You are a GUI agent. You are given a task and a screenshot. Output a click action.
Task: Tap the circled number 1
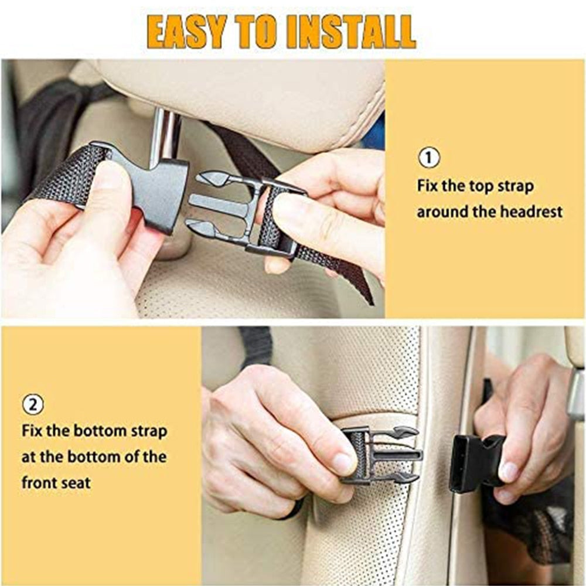[x=428, y=158]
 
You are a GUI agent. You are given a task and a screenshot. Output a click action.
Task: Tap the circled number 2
[x=33, y=404]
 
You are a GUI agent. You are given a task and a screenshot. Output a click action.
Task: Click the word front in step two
[x=38, y=483]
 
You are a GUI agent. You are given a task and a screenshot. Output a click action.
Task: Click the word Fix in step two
[x=33, y=432]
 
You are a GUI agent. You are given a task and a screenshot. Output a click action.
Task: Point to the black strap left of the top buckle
[x=64, y=176]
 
